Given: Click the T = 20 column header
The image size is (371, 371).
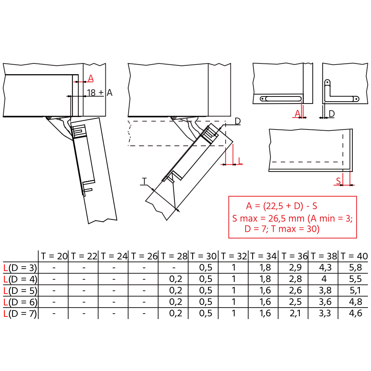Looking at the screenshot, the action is (54, 256).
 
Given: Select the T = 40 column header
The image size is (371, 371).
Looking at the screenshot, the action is (354, 256).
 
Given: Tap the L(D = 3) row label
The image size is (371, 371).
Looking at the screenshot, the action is (20, 268).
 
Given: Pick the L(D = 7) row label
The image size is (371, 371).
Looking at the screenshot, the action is (20, 313).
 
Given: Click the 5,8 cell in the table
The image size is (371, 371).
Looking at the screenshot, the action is (355, 267).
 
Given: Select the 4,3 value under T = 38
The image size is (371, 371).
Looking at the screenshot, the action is (325, 267).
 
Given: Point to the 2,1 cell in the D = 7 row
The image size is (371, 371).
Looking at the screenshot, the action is (295, 313).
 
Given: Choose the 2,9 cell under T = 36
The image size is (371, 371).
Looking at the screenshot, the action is (295, 267).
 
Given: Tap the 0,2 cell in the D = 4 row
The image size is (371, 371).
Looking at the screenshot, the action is (175, 279).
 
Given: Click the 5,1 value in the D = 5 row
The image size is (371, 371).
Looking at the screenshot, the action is (355, 290).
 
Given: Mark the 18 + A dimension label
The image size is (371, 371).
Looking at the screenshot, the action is (99, 92).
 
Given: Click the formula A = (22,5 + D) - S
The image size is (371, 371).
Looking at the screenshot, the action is (282, 206).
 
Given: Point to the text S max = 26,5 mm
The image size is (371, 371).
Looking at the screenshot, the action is (268, 219).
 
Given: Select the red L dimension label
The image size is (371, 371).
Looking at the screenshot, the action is (240, 161).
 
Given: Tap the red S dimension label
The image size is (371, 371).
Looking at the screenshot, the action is (339, 181).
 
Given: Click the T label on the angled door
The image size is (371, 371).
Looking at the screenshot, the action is (144, 181).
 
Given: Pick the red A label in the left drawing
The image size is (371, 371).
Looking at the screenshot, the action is (91, 78).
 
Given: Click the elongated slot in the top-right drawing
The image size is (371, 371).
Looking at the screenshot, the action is (280, 99).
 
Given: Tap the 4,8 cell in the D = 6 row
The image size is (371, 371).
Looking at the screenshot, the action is (355, 302).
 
